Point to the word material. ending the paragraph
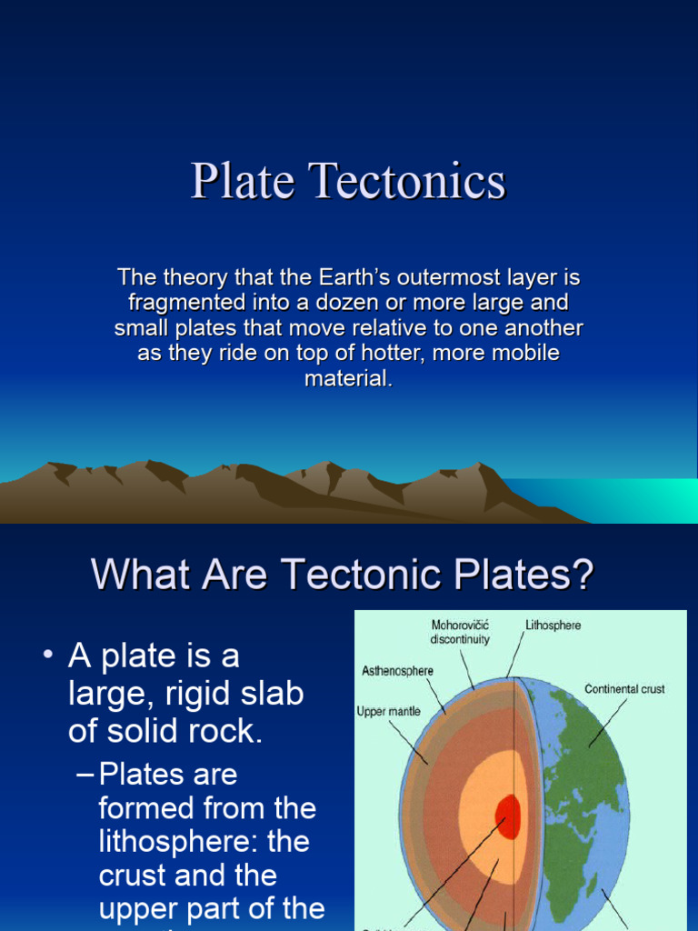click(x=349, y=378)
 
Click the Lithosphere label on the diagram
click(x=553, y=626)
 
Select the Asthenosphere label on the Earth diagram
click(x=397, y=671)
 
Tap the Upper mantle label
click(x=388, y=711)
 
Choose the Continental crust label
click(x=624, y=689)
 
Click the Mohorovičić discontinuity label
click(x=460, y=632)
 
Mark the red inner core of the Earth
click(x=507, y=816)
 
